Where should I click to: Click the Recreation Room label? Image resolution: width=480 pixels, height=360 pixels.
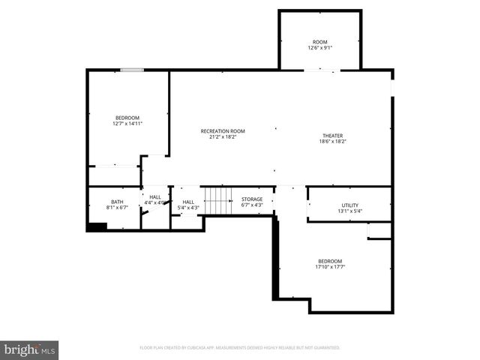point(223,131)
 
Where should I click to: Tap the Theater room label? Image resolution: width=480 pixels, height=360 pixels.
point(333,136)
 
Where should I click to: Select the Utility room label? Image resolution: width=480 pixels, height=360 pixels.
point(350,205)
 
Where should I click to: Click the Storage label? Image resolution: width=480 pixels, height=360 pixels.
point(252,199)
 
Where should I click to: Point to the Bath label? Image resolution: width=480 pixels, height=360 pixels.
point(117,201)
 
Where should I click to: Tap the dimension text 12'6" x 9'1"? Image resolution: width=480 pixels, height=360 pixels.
point(320,48)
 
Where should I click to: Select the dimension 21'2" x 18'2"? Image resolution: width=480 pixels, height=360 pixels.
point(223,137)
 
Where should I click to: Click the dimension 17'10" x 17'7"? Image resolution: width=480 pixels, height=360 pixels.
point(330,266)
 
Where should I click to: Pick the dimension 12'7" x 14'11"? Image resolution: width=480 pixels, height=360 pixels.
point(127,124)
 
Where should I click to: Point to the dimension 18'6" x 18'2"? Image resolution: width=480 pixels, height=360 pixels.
point(333,142)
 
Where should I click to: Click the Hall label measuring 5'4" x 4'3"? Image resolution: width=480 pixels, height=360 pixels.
point(188,201)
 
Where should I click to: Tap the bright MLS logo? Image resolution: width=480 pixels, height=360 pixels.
point(29,349)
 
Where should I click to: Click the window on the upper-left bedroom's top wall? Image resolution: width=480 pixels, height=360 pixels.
point(132,70)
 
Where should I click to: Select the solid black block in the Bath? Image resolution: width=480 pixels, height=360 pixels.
point(97,226)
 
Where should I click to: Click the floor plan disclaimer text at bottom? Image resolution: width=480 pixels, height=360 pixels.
point(240,348)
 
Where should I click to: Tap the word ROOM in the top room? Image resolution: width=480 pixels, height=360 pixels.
point(320,42)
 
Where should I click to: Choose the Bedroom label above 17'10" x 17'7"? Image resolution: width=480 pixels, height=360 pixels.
point(330,260)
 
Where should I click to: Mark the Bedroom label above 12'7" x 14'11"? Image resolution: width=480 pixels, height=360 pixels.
point(127,118)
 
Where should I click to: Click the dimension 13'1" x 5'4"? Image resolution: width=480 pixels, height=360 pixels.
point(350,211)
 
